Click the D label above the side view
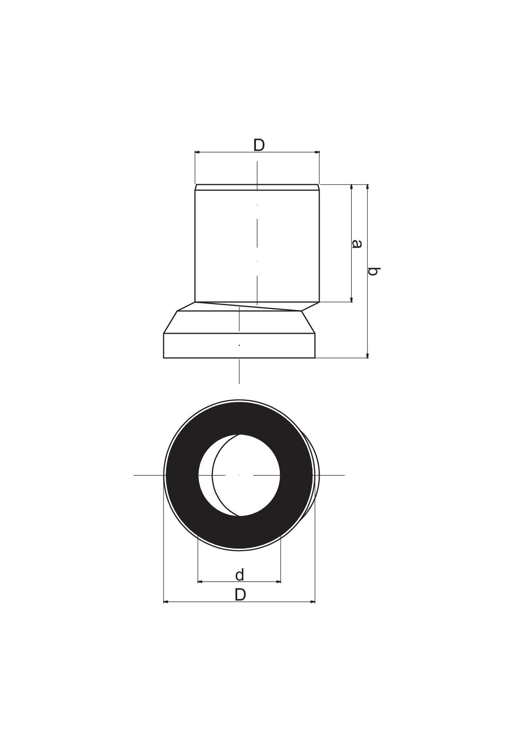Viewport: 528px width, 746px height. click(259, 145)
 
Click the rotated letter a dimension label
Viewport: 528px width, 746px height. click(357, 244)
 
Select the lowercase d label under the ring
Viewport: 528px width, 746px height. click(240, 575)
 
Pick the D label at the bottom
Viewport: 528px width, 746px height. click(240, 595)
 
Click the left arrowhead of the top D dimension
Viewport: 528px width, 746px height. click(198, 152)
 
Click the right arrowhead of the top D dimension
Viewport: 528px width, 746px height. click(316, 152)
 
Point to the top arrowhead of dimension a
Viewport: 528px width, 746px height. click(351, 188)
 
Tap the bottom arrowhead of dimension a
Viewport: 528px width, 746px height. click(351, 299)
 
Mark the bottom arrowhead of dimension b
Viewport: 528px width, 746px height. click(367, 355)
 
